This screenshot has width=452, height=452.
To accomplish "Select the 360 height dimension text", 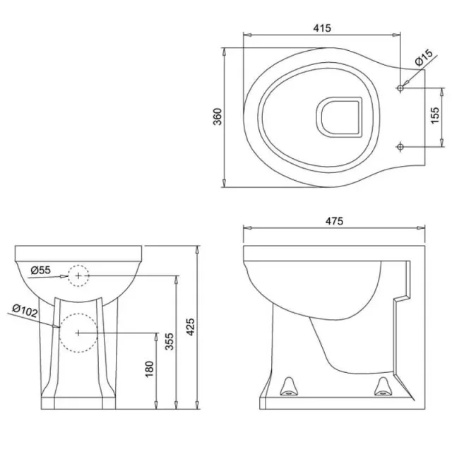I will pos(217,117).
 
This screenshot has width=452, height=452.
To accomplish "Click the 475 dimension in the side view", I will pos(334,221).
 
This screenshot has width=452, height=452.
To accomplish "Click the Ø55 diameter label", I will pos(41,270).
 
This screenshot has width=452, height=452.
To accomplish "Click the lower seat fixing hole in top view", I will pos(400,147).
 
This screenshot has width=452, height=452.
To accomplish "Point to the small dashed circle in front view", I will pos(78,274).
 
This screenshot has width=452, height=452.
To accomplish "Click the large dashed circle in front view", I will pos(76,332).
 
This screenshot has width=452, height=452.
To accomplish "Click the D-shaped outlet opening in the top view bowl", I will pos(337,117).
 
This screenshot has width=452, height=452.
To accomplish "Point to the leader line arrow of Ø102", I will pos(57,326).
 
